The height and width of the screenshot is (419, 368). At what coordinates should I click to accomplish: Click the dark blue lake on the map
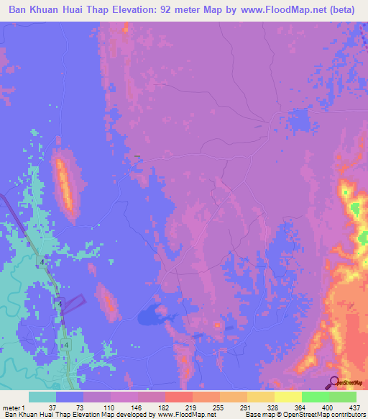(x=153, y=314)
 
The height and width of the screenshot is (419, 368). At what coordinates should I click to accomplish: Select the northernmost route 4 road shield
(x=42, y=263)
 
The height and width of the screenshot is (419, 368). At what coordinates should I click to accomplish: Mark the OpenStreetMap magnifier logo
(x=334, y=382)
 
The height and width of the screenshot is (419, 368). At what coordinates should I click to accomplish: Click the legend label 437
(x=354, y=408)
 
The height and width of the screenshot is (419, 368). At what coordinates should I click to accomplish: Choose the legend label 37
(x=57, y=408)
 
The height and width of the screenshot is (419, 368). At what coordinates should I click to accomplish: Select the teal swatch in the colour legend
(x=42, y=397)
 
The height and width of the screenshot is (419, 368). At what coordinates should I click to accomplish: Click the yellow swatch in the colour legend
(x=287, y=397)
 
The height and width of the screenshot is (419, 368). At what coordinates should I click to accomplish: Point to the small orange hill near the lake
(x=109, y=303)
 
